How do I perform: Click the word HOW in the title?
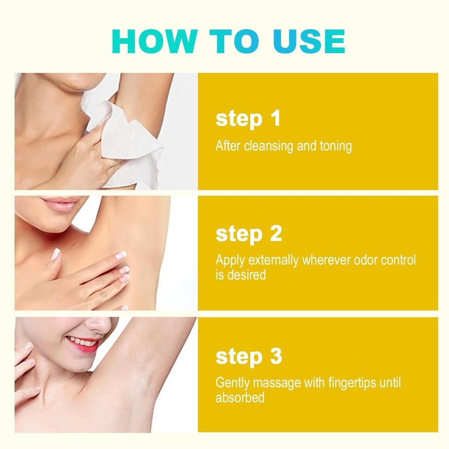click(x=155, y=41)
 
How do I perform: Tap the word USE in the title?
click(x=309, y=41)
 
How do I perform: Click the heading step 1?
click(x=248, y=118)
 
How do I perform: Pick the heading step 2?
click(x=249, y=234)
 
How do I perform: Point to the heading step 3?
click(x=249, y=356)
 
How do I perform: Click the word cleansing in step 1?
click(x=269, y=146)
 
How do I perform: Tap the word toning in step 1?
click(x=336, y=146)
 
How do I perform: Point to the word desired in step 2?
click(x=246, y=275)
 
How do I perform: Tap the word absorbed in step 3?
click(x=240, y=398)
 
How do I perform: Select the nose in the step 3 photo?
click(x=99, y=325)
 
